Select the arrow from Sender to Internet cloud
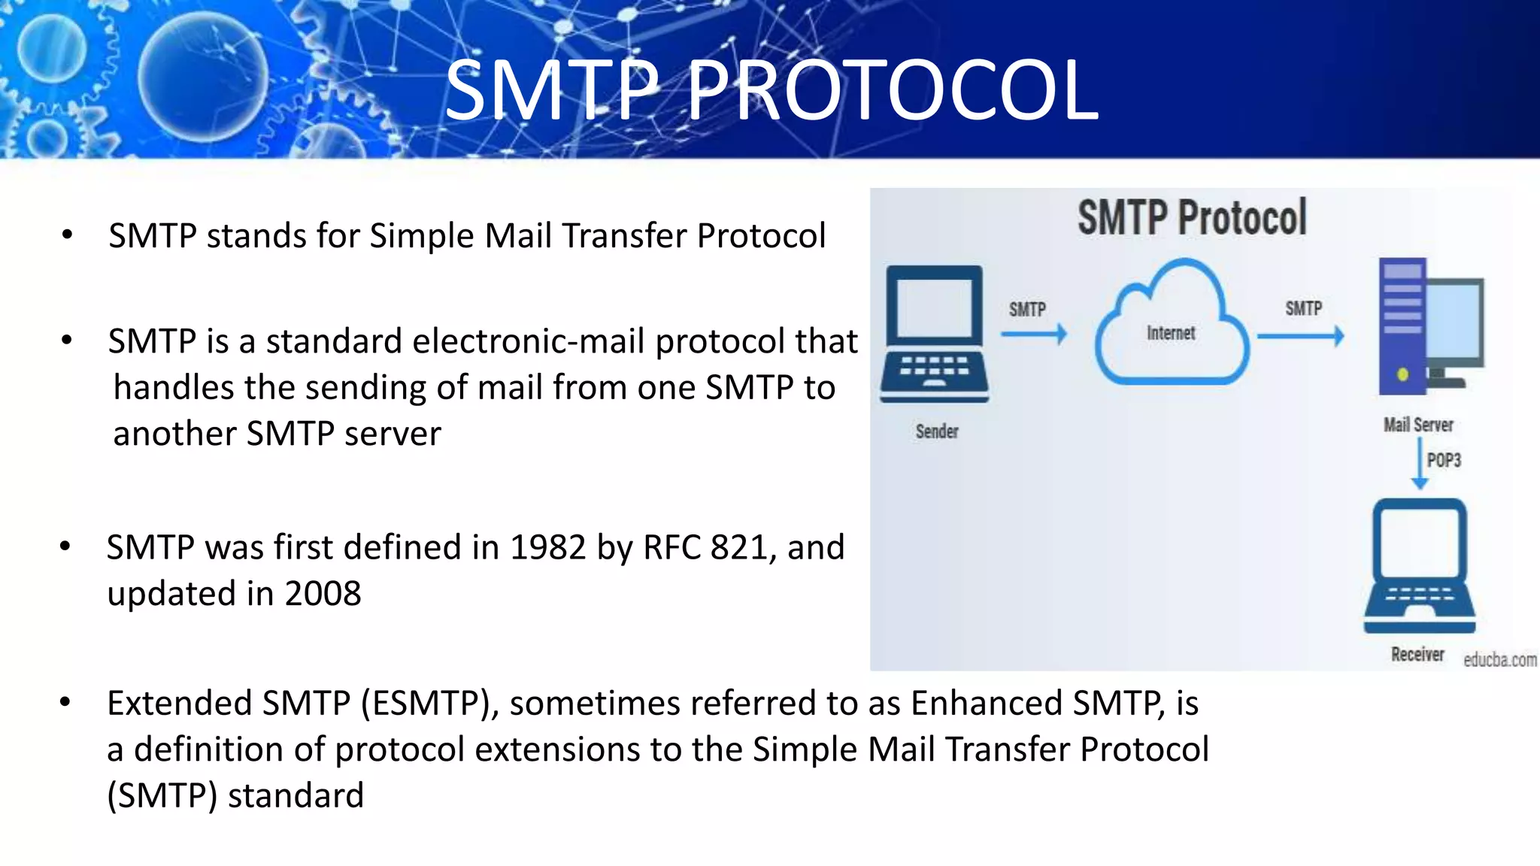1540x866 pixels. tap(1034, 334)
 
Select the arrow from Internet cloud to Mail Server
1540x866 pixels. tap(1301, 335)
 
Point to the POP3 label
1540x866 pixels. tap(1444, 460)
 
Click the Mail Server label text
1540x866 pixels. tap(1418, 425)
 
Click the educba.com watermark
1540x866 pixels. tap(1499, 660)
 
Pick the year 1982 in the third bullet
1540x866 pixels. tap(547, 547)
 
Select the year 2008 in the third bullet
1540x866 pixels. tap(323, 594)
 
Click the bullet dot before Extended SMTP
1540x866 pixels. tap(65, 702)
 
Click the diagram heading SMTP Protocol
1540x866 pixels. tap(1192, 218)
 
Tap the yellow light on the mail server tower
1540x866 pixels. tap(1402, 374)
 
